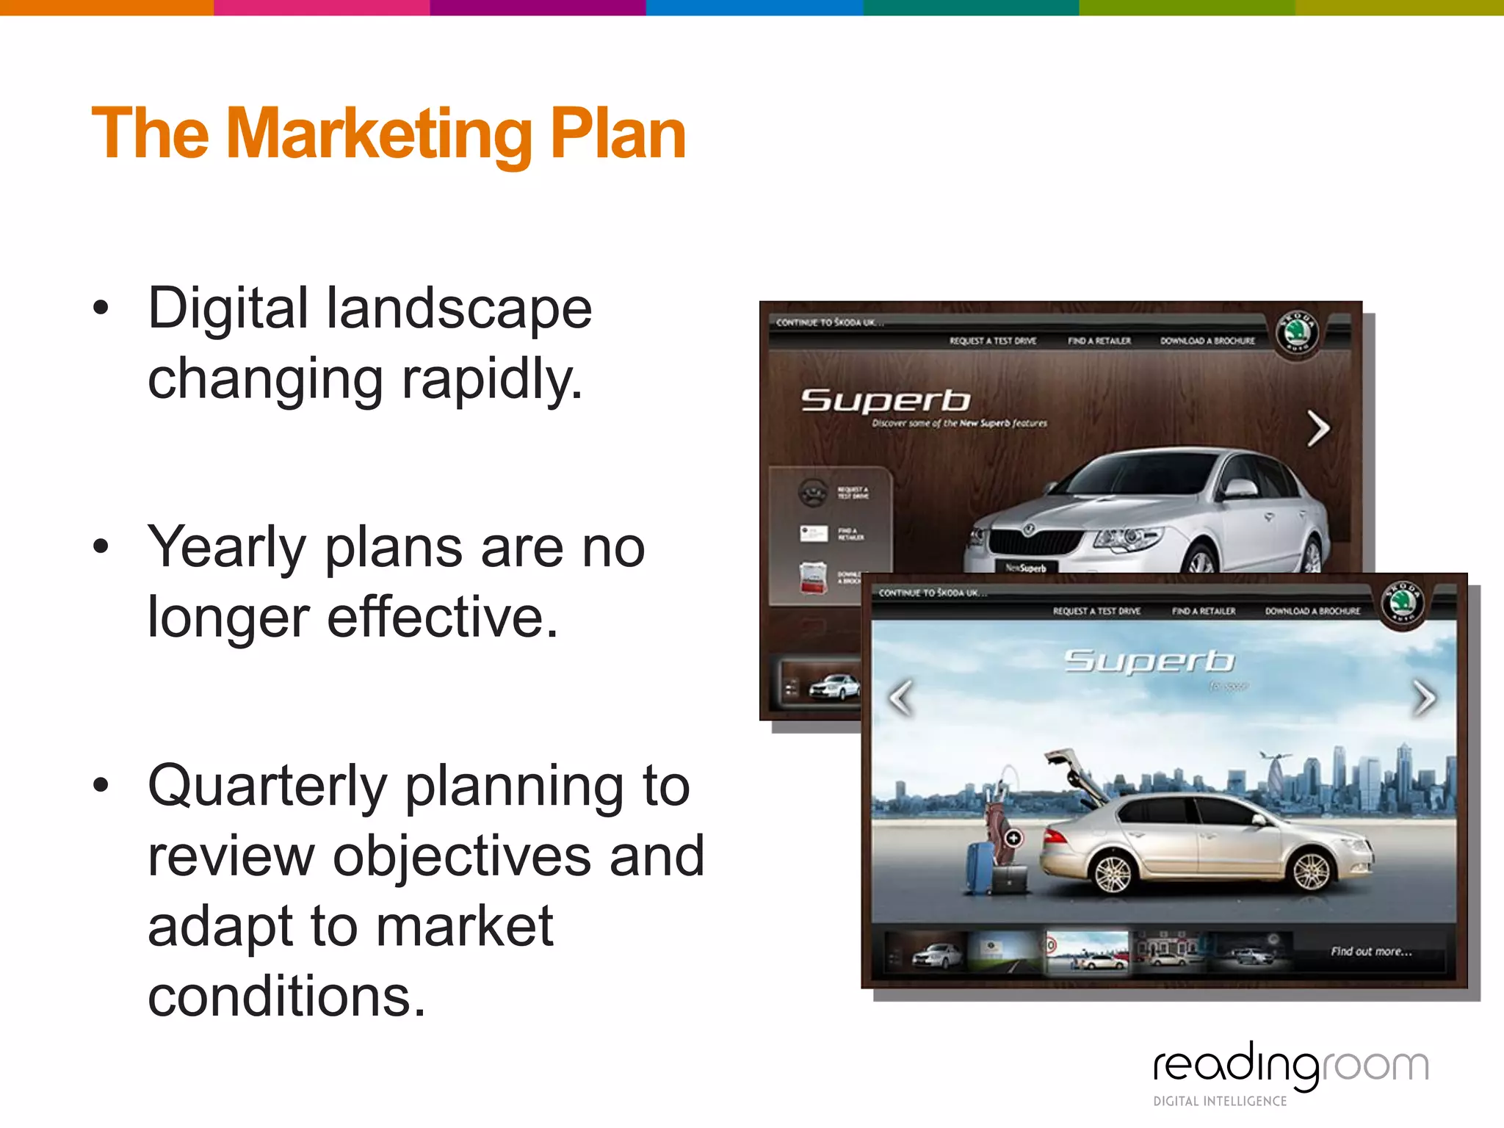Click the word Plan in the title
coord(618,134)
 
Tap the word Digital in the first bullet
coord(228,308)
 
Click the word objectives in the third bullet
coord(462,856)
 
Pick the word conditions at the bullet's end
coord(286,997)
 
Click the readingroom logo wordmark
coord(1290,1066)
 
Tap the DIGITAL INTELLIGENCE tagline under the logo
coord(1220,1101)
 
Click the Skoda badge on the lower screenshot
coord(1403,604)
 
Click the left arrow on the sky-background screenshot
coord(901,698)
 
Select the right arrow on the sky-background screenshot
coord(1424,698)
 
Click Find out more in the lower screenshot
coord(1371,952)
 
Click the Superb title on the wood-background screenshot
coord(886,401)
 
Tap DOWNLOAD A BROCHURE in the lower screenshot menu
coord(1312,611)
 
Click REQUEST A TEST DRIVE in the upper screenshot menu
coord(993,341)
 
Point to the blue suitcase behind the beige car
coord(979,868)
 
